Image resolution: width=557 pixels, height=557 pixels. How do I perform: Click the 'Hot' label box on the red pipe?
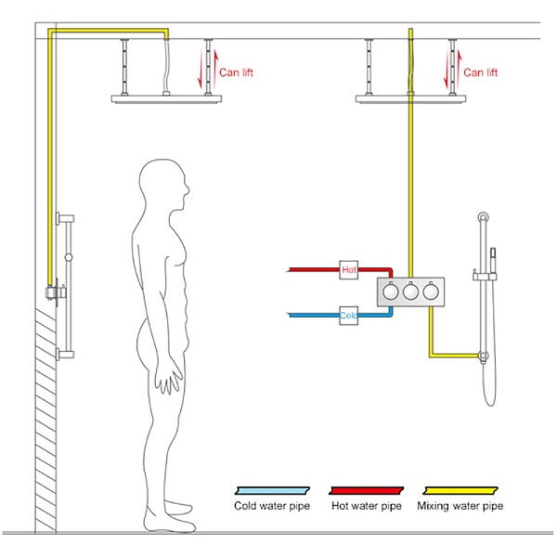pyautogui.click(x=349, y=269)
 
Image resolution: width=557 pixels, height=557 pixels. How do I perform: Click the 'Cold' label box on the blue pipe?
pyautogui.click(x=349, y=316)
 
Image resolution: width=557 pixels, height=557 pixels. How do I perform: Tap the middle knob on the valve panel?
pyautogui.click(x=408, y=291)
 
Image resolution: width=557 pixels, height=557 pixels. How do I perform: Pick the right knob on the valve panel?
pyautogui.click(x=429, y=291)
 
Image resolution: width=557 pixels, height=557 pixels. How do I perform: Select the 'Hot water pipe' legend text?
pyautogui.click(x=367, y=507)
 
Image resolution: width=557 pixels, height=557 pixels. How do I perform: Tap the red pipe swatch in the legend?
pyautogui.click(x=366, y=488)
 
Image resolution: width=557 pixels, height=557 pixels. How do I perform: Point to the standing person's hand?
pyautogui.click(x=170, y=381)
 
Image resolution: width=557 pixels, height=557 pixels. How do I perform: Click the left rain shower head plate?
pyautogui.click(x=167, y=98)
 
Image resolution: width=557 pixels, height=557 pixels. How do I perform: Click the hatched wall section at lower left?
pyautogui.click(x=46, y=418)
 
